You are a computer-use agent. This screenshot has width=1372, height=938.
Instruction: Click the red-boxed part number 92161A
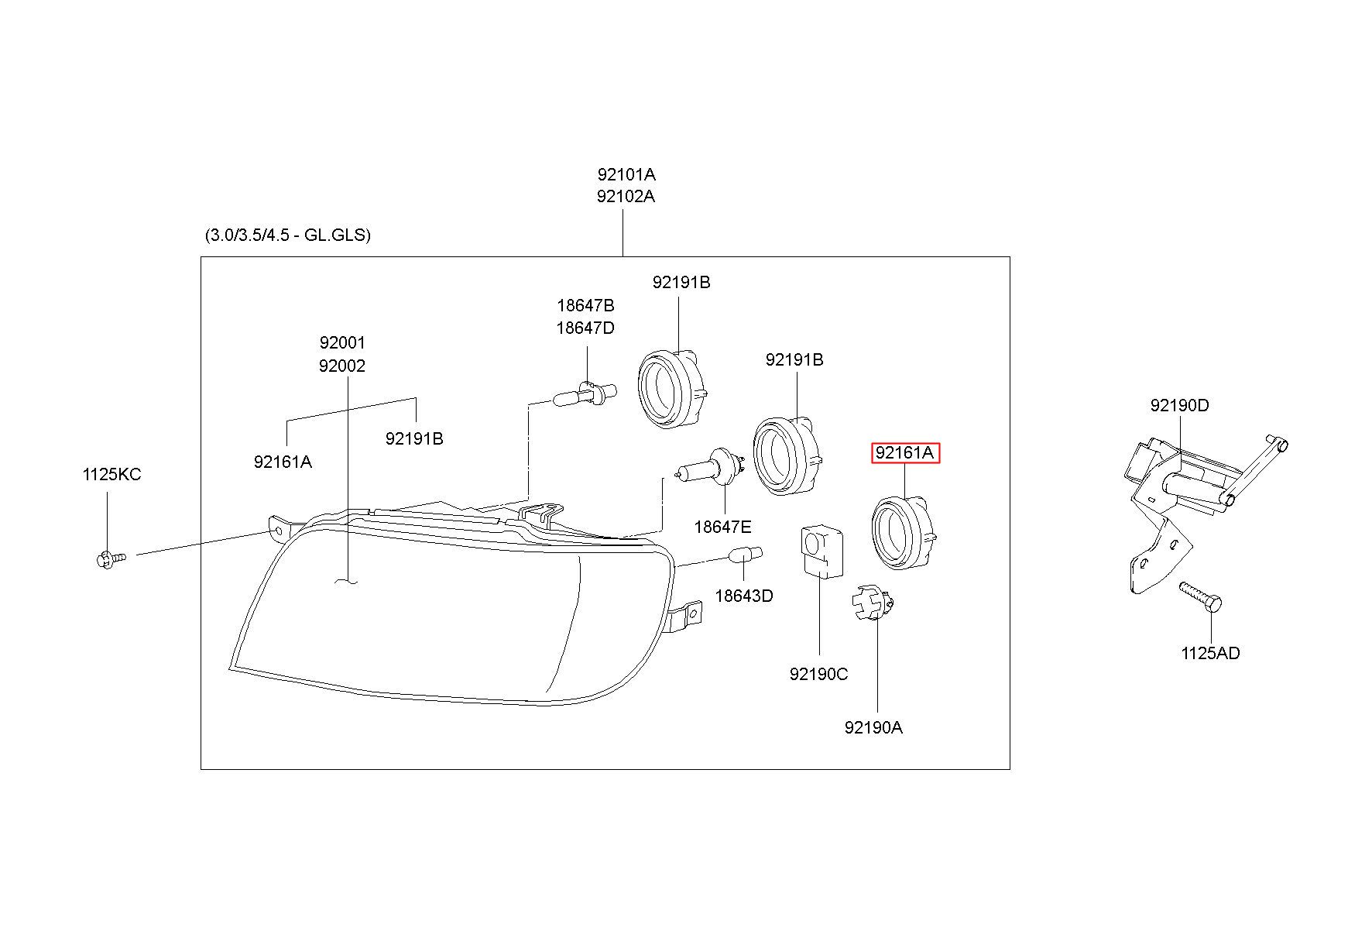click(x=905, y=452)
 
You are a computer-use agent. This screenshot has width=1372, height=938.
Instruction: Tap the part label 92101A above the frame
click(x=626, y=174)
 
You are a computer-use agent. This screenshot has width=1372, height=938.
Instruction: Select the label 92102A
click(x=626, y=197)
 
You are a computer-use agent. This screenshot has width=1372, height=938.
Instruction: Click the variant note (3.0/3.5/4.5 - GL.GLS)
click(x=288, y=235)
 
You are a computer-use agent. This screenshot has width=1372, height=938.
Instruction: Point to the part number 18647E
click(x=722, y=527)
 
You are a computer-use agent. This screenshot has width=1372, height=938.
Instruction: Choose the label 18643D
click(x=743, y=596)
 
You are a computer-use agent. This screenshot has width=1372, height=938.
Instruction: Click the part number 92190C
click(x=818, y=675)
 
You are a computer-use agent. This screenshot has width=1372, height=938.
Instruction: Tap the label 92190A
click(x=873, y=728)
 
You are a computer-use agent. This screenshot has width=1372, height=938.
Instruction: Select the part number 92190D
click(x=1179, y=406)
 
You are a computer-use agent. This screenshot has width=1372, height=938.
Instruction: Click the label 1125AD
click(x=1210, y=654)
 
